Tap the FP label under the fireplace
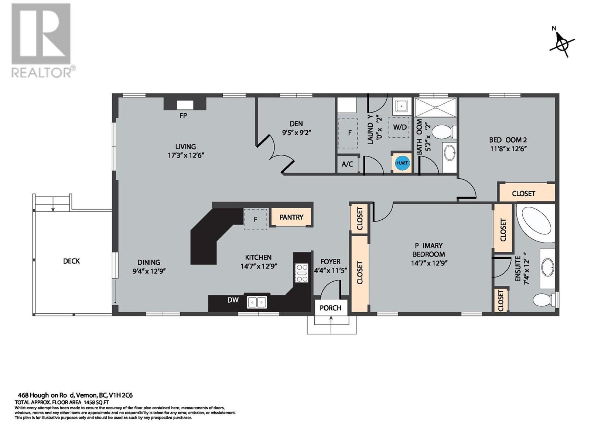[x=183, y=116]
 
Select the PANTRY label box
[x=291, y=217]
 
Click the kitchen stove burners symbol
[x=301, y=273]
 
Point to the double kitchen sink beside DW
[x=257, y=302]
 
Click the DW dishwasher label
[x=233, y=300]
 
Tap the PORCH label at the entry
[x=331, y=308]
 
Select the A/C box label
[x=347, y=165]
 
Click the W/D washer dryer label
[x=400, y=127]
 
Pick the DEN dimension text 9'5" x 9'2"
[x=296, y=133]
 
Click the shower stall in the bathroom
[x=435, y=107]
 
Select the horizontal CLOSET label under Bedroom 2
[x=524, y=193]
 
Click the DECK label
[x=71, y=261]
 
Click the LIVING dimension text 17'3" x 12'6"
[x=186, y=155]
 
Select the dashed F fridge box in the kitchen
[x=255, y=219]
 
